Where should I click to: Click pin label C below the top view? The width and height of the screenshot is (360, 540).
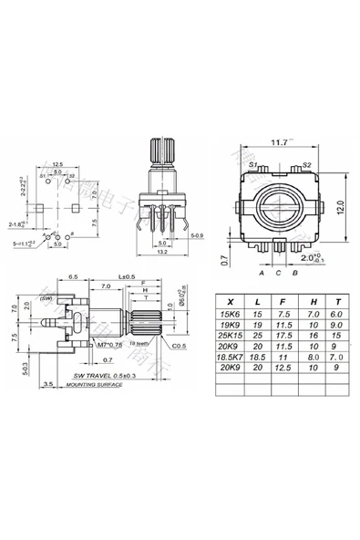click(277, 272)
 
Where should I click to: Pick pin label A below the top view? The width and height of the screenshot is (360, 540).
click(261, 272)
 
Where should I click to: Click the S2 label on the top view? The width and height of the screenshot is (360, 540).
click(306, 164)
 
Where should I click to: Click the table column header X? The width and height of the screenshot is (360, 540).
click(230, 300)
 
